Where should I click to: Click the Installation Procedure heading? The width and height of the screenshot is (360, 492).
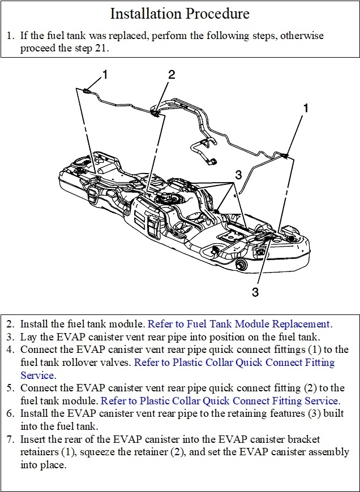tap(180, 14)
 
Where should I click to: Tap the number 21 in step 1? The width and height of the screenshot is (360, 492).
tap(102, 48)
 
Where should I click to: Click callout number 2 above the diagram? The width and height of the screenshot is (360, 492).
tap(172, 74)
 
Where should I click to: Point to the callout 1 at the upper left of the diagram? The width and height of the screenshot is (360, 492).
tap(104, 74)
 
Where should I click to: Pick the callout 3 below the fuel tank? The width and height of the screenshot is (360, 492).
tap(255, 292)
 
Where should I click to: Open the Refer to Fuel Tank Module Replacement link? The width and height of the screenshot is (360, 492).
tap(240, 324)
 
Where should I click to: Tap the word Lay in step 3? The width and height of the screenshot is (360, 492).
tap(29, 337)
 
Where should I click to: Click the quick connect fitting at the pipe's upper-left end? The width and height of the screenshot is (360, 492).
tap(85, 90)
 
